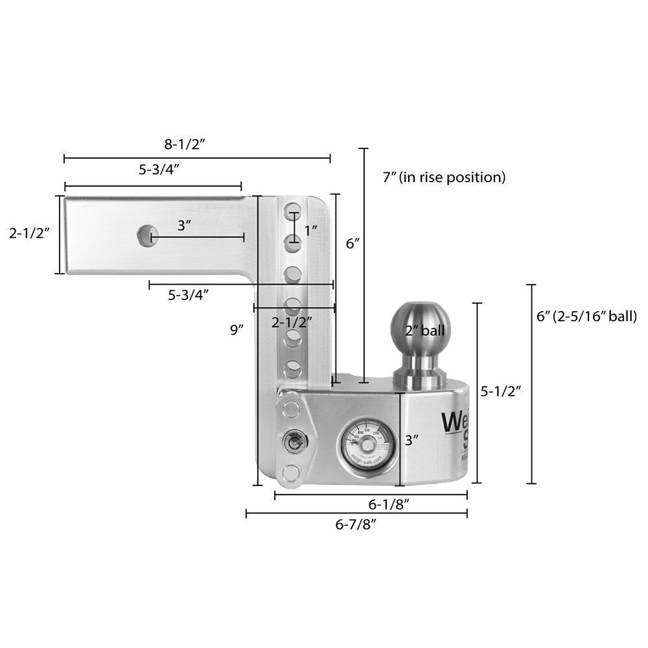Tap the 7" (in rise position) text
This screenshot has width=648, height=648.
444,176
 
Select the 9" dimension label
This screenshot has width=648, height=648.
237,329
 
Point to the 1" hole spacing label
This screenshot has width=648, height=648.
312,229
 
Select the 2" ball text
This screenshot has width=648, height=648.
425,330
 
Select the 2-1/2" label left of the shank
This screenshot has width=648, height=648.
30,233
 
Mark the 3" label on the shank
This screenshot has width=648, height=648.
185,226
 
